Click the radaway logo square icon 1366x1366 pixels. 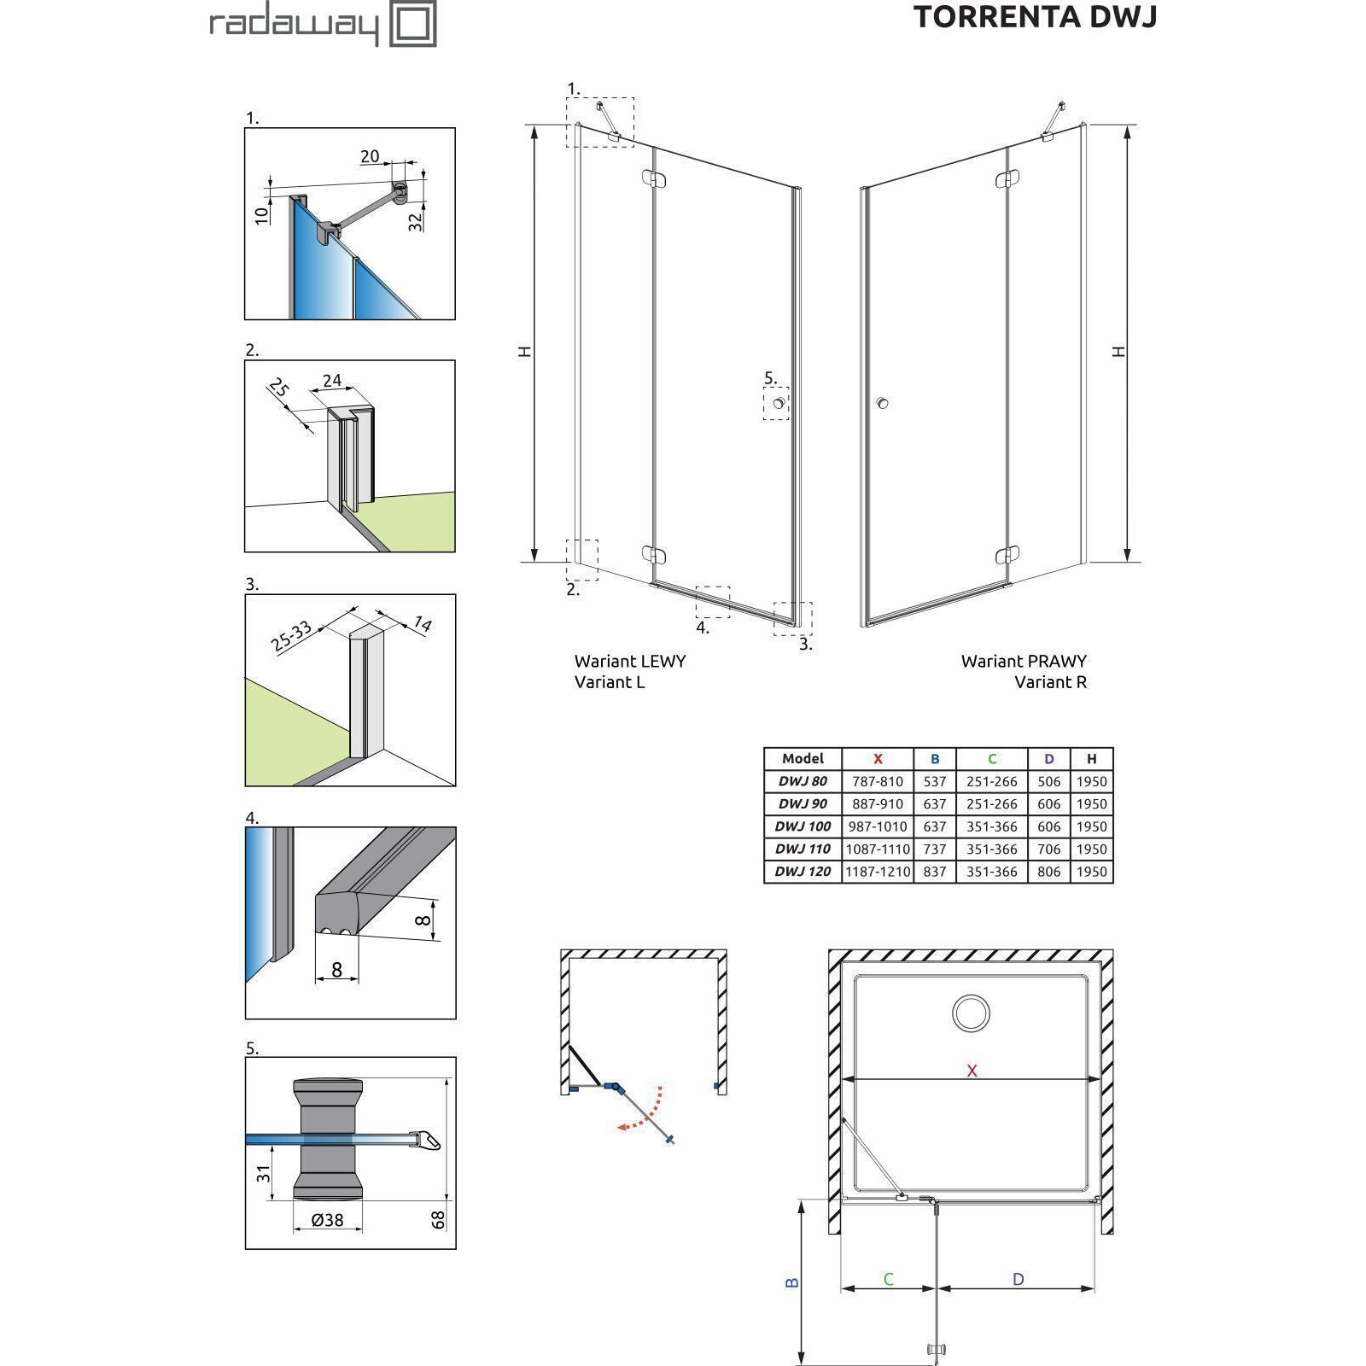(x=413, y=24)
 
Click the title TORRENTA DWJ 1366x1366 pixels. (x=1035, y=17)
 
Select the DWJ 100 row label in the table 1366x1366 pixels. (x=803, y=826)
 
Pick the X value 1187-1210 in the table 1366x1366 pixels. (x=878, y=872)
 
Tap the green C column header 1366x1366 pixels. (x=992, y=758)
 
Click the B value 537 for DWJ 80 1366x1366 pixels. (x=935, y=781)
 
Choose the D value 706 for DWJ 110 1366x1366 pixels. (x=1048, y=849)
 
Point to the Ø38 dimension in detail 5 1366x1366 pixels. (x=327, y=1220)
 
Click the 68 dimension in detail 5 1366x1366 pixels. (x=439, y=1219)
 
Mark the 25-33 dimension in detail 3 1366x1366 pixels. (x=292, y=637)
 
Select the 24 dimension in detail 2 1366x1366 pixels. (x=332, y=381)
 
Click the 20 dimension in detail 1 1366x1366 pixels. (x=370, y=156)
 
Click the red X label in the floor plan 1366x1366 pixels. (x=972, y=1071)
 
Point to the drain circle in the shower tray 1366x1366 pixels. (x=971, y=1013)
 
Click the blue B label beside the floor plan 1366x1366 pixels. (x=791, y=1282)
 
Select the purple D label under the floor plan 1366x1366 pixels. (x=1018, y=1279)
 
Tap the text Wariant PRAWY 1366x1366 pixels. (x=1024, y=661)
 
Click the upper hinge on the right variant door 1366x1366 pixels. (x=1007, y=179)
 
